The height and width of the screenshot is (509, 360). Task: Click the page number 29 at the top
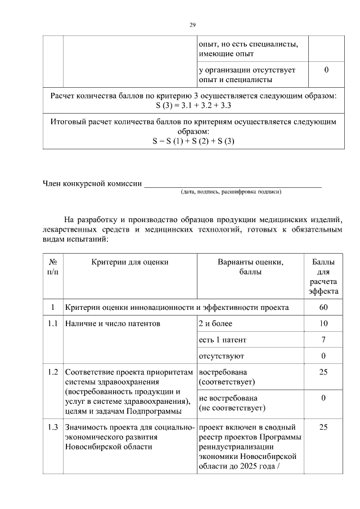point(192,25)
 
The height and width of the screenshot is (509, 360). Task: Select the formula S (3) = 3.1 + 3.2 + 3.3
point(193,105)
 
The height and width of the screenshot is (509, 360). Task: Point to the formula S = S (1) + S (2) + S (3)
point(193,141)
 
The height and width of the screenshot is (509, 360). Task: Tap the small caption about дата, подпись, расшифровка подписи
point(231,192)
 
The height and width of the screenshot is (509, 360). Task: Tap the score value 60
point(323,308)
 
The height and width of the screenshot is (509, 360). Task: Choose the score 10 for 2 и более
point(323,324)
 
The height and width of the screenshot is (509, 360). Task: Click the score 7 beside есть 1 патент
point(323,340)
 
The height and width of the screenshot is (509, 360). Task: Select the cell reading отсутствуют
point(221,357)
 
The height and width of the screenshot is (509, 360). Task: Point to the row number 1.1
point(53,324)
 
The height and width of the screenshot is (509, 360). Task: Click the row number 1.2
point(53,372)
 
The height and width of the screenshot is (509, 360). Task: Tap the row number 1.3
point(53,427)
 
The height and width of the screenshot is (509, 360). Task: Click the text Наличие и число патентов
point(112,324)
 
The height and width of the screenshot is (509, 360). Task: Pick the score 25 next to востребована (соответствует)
point(323,372)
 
